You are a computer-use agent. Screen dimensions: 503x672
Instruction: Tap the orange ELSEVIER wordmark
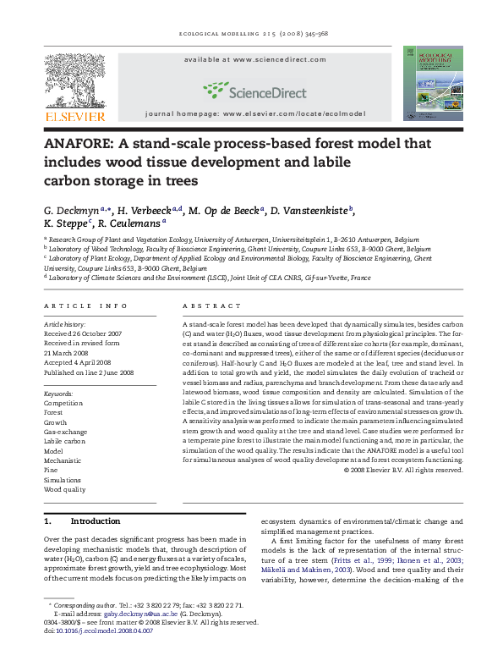[75, 116]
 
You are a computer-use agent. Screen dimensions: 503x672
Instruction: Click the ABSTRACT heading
[206, 305]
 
